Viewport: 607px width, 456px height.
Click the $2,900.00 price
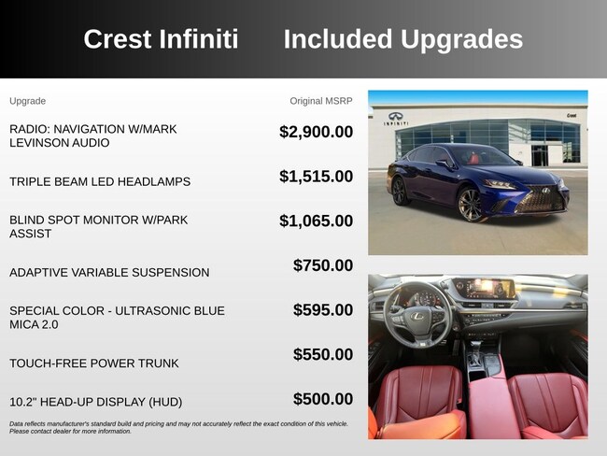pos(317,132)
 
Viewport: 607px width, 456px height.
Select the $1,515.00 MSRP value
pos(317,177)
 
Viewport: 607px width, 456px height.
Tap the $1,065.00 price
pos(317,221)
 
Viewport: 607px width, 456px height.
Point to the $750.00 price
pos(323,265)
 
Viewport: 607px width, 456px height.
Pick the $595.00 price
pos(323,310)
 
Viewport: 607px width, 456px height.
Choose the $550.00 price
pos(323,354)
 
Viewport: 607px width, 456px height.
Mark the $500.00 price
pos(323,399)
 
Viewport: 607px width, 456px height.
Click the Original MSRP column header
pos(321,101)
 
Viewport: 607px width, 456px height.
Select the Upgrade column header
pos(27,102)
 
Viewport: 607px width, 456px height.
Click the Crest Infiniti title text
pos(161,39)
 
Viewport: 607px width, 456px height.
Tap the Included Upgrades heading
pos(403,40)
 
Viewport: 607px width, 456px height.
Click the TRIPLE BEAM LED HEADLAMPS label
pos(100,181)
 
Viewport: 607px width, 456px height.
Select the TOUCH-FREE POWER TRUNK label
pos(94,363)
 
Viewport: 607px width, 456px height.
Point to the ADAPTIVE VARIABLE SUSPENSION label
pos(109,273)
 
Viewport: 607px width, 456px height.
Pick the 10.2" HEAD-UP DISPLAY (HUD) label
pos(95,402)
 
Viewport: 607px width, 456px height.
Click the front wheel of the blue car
pos(471,205)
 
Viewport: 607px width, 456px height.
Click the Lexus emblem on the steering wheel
pos(417,316)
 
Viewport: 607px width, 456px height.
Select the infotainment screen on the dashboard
pos(484,288)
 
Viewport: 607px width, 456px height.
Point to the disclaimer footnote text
pos(178,428)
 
